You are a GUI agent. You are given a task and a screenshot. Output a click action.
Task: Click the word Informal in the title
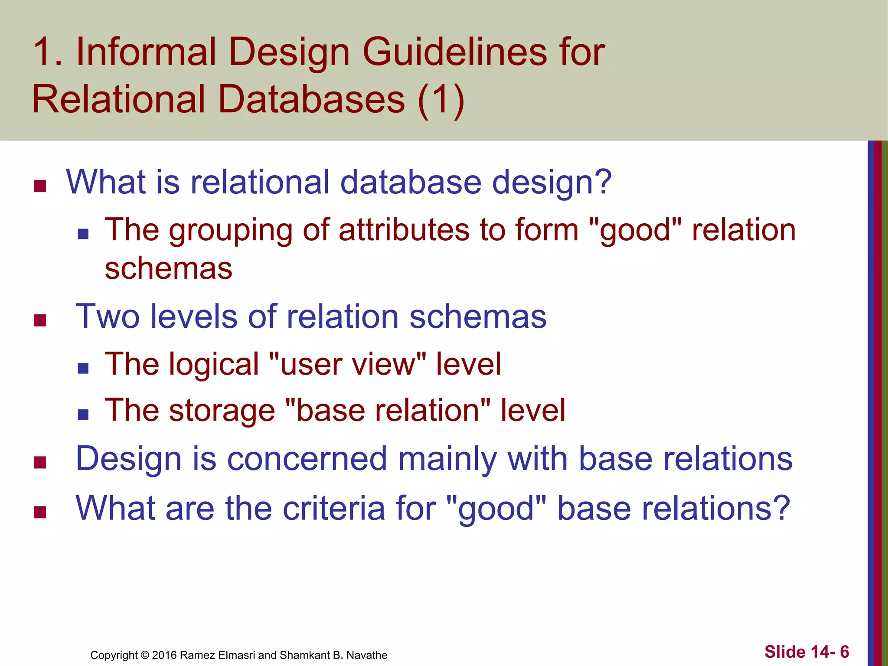[146, 52]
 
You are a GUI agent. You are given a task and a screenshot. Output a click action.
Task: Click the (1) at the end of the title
[441, 100]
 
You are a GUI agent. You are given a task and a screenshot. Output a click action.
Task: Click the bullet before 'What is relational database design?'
[40, 186]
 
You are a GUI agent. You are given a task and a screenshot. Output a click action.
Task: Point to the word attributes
[404, 230]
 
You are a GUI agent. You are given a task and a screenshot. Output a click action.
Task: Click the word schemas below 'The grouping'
[168, 269]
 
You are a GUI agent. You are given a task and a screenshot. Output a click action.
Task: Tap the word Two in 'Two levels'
[108, 317]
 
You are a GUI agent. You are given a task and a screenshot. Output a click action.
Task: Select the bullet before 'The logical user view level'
[83, 369]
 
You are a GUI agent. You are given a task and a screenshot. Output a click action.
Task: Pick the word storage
[222, 411]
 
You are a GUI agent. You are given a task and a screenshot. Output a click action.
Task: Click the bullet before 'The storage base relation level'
[83, 415]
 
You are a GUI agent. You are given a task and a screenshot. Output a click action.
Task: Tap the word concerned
[307, 459]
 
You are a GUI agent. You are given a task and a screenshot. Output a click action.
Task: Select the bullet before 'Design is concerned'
[40, 463]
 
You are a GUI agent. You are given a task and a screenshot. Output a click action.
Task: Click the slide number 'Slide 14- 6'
[806, 652]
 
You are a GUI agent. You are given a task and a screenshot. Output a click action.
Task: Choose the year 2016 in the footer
[164, 655]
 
